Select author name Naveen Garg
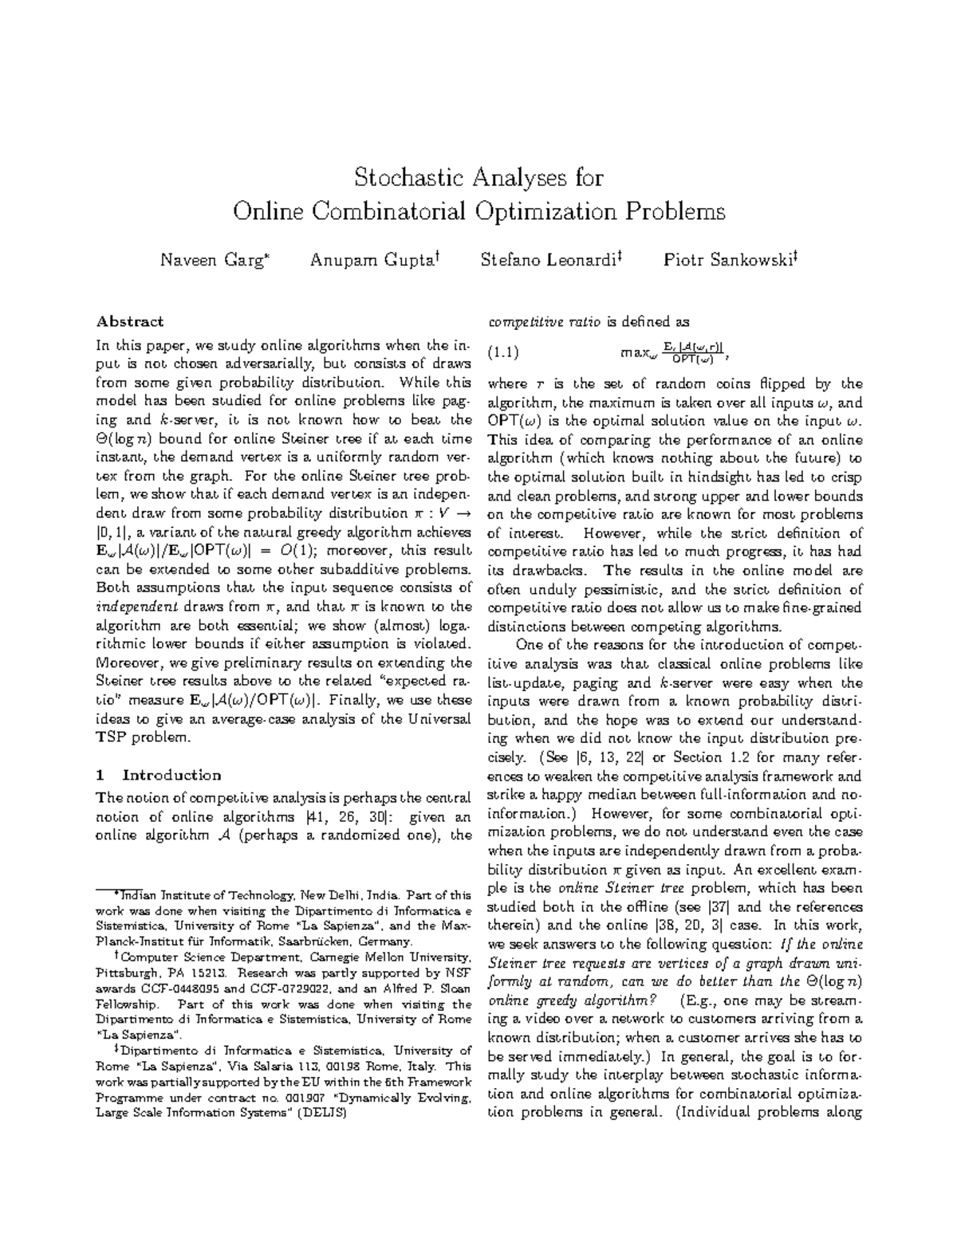pyautogui.click(x=212, y=260)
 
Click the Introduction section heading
pyautogui.click(x=171, y=776)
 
